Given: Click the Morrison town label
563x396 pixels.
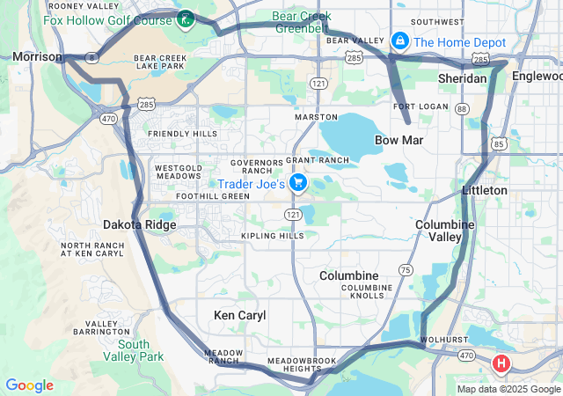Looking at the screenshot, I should pyautogui.click(x=37, y=57).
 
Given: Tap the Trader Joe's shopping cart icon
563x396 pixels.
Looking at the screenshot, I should pyautogui.click(x=298, y=183).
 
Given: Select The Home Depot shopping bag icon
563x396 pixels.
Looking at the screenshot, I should pyautogui.click(x=400, y=40).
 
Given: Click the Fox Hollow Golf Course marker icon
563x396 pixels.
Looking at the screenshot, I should pyautogui.click(x=186, y=18).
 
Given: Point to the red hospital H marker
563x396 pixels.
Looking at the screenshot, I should pyautogui.click(x=501, y=363).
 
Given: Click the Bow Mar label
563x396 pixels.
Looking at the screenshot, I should pyautogui.click(x=400, y=140).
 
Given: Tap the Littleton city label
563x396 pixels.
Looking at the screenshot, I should pyautogui.click(x=485, y=190).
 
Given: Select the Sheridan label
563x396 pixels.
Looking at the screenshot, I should pyautogui.click(x=462, y=78).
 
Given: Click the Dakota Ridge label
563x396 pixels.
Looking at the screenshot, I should pyautogui.click(x=139, y=224).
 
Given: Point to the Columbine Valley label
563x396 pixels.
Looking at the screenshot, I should pyautogui.click(x=445, y=231).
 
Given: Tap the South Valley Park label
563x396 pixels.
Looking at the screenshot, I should pyautogui.click(x=140, y=350).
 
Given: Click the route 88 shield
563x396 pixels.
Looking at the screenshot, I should pyautogui.click(x=463, y=108).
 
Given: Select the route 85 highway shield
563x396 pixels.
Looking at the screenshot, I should pyautogui.click(x=499, y=143).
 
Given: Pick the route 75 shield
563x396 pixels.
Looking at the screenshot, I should pyautogui.click(x=406, y=269).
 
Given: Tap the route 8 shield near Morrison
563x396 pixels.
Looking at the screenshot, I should pyautogui.click(x=91, y=55).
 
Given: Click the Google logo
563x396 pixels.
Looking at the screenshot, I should pyautogui.click(x=29, y=385).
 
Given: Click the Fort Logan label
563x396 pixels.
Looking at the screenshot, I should pyautogui.click(x=416, y=106).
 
